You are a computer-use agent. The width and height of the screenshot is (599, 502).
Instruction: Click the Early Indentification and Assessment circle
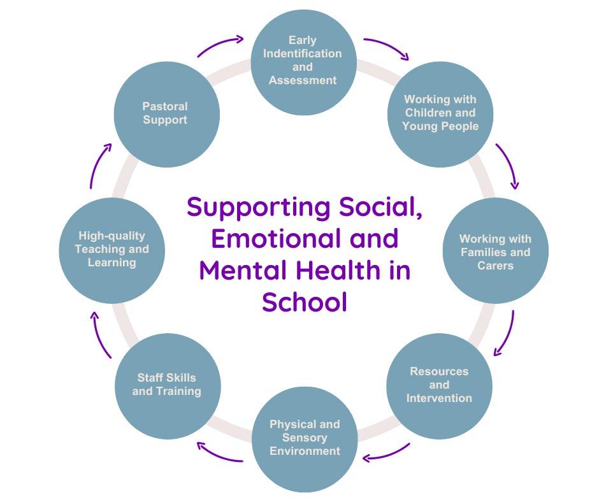(303, 61)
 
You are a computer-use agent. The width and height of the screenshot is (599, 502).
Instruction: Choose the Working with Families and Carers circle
(495, 251)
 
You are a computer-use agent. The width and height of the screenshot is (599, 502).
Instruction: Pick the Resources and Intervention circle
(439, 385)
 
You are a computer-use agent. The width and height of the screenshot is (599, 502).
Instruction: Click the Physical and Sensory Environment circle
(304, 438)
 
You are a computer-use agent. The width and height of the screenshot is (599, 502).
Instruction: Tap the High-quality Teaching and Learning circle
(112, 250)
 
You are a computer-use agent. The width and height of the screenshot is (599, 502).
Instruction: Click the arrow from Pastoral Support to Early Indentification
(220, 45)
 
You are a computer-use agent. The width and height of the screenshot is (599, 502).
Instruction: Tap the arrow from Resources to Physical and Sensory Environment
(386, 453)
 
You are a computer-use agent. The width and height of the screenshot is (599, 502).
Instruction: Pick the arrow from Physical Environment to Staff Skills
(219, 452)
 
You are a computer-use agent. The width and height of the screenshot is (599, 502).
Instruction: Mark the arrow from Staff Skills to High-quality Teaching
(100, 334)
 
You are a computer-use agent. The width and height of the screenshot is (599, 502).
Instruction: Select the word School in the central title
(304, 302)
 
